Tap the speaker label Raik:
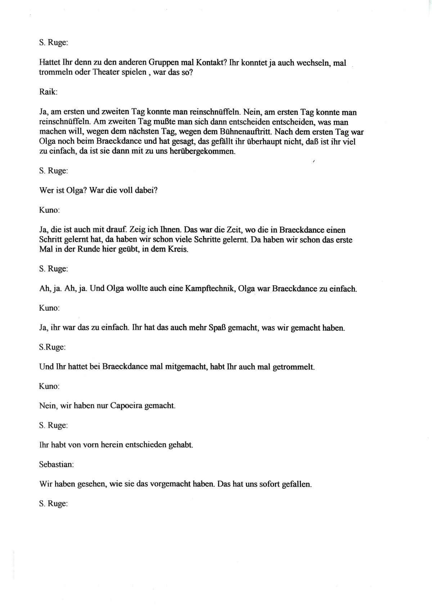[48, 92]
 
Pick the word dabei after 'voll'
[146, 190]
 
